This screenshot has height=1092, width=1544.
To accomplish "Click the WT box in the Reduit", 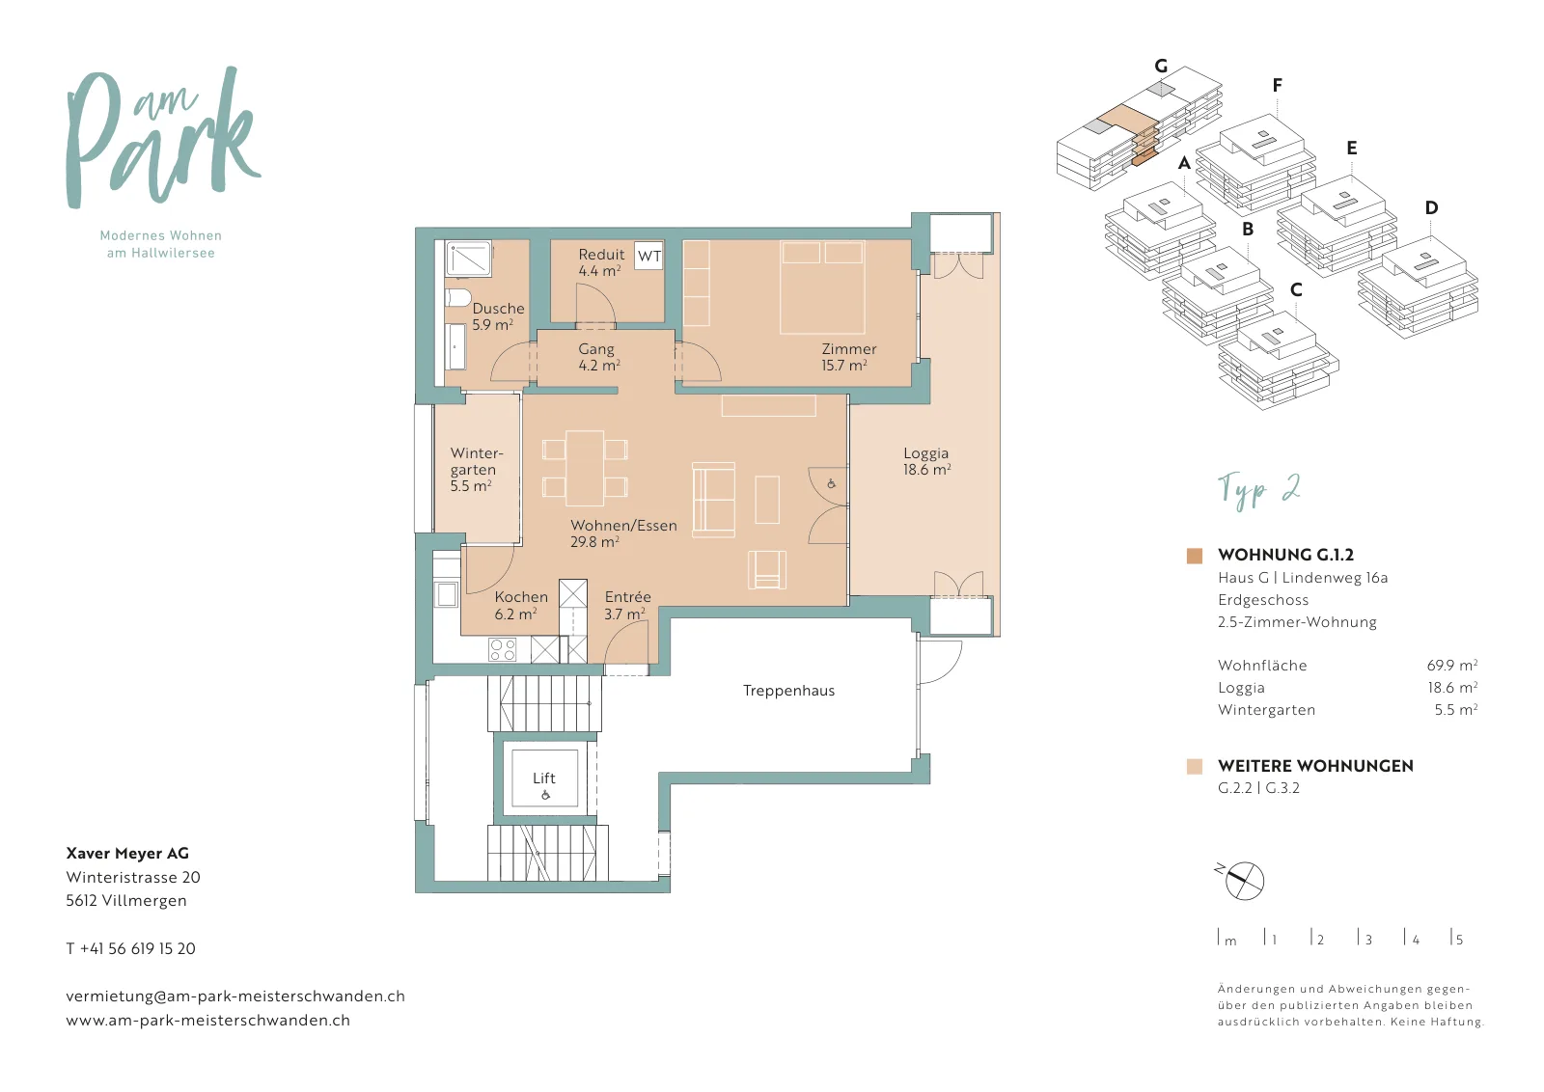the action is tap(648, 257).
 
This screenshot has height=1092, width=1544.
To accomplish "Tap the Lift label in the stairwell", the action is tap(544, 778).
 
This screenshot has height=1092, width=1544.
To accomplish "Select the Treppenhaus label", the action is tap(788, 691).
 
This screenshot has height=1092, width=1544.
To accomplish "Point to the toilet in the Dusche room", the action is tap(457, 298).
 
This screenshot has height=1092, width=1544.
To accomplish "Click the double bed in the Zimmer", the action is tap(822, 287).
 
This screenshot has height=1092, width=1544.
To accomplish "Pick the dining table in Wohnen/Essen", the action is tap(585, 469).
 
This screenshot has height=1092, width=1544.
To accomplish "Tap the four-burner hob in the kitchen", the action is tap(502, 649).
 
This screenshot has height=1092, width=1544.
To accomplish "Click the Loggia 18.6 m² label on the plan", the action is tap(927, 461).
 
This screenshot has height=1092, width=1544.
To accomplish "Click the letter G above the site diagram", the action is tap(1161, 67).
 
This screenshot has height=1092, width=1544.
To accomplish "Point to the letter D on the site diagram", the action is tap(1431, 207).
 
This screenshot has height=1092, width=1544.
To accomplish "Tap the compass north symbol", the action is tap(1239, 880).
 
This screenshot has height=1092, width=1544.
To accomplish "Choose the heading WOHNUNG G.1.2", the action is tap(1285, 555).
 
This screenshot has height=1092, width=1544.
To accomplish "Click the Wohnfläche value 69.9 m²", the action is tap(1451, 665).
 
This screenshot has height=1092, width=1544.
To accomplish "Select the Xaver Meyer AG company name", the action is tap(127, 853).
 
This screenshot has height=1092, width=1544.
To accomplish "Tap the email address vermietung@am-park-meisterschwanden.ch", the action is tap(235, 996).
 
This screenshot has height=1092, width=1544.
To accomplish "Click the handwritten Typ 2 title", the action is tap(1258, 490).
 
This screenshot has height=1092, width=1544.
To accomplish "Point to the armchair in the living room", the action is tap(767, 570).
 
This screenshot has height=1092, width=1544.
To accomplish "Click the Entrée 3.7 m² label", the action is tap(626, 605).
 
